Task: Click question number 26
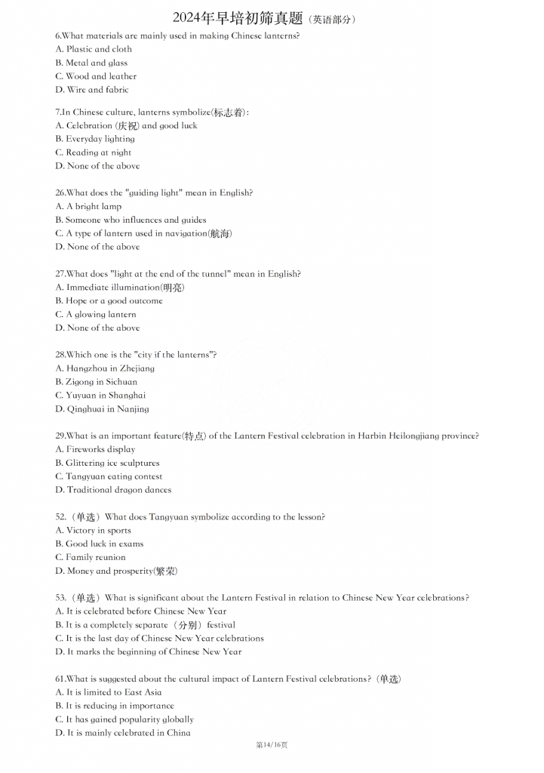click(60, 192)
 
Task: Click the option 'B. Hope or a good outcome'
click(109, 300)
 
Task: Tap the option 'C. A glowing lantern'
click(96, 314)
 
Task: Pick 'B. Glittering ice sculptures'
click(107, 463)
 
